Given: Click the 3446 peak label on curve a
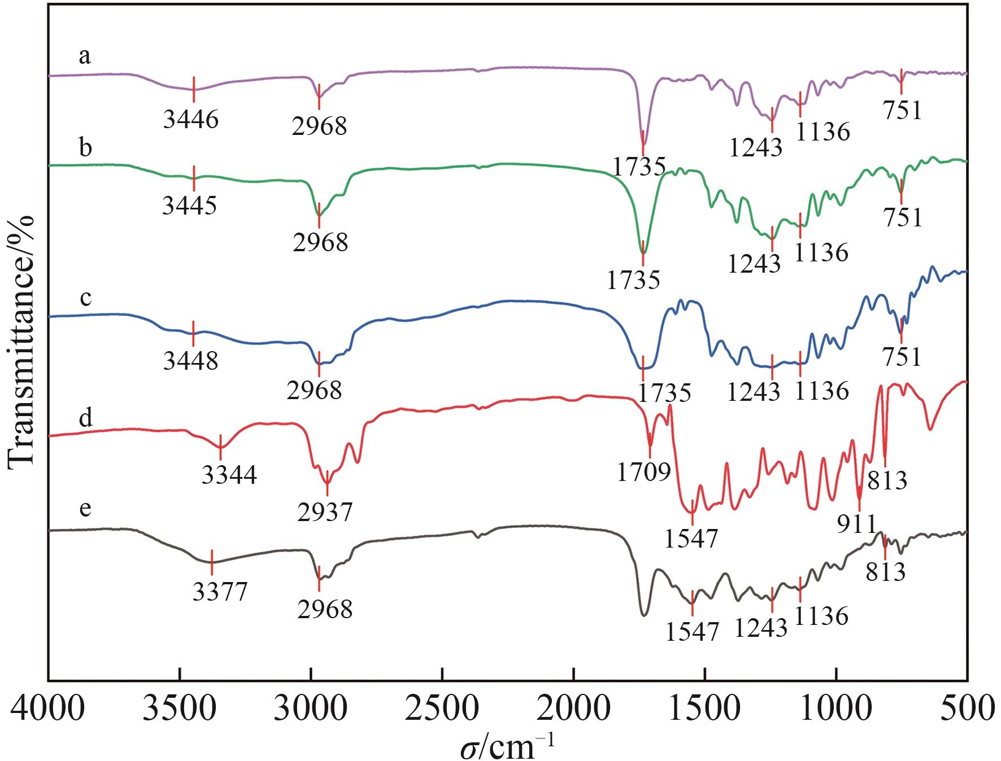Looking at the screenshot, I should click(x=190, y=120).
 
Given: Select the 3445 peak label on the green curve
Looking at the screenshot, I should click(x=189, y=206).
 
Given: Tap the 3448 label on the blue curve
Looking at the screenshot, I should click(x=190, y=360).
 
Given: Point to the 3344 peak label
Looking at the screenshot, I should click(x=229, y=475).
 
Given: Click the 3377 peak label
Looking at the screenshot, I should click(x=219, y=592).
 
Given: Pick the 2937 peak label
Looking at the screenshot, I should click(x=325, y=512).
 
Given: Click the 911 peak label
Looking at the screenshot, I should click(x=856, y=524).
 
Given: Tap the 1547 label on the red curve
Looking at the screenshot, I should click(x=691, y=539).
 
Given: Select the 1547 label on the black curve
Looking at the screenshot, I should click(x=692, y=632).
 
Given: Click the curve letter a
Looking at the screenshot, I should click(x=85, y=56).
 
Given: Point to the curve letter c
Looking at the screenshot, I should click(x=86, y=298).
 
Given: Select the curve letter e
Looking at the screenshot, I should click(x=85, y=509).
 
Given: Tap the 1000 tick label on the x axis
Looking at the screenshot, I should click(x=837, y=708).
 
